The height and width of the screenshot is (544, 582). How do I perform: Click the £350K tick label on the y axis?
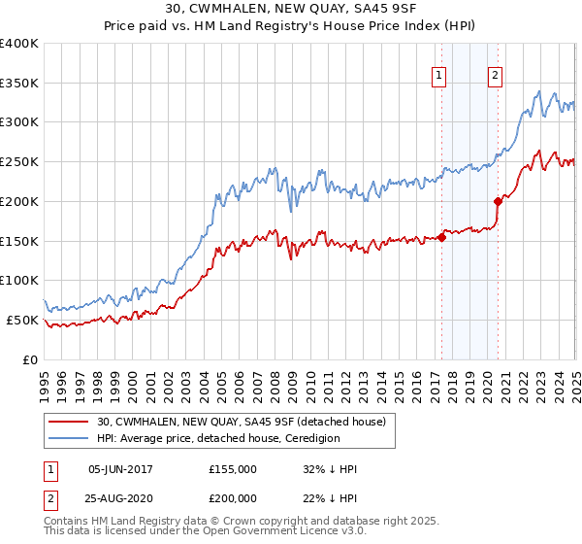click(x=19, y=84)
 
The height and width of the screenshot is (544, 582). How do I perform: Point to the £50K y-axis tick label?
click(x=23, y=320)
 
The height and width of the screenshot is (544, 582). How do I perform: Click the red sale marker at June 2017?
click(x=441, y=236)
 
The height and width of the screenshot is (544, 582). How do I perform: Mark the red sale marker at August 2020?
click(x=499, y=201)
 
